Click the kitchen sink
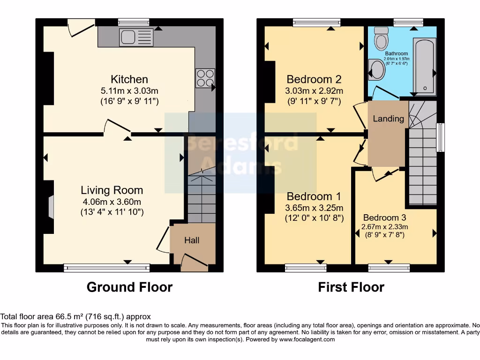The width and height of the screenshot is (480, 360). [x=136, y=37]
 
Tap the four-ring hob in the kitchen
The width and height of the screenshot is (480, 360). [x=205, y=78]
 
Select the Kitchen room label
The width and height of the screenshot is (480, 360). [x=129, y=79]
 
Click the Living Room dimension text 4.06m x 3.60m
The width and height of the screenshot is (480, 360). [x=112, y=202]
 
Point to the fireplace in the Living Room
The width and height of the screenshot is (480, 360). [x=50, y=206]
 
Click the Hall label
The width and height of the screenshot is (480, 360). [x=192, y=240]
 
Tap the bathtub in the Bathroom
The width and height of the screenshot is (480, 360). [x=425, y=67]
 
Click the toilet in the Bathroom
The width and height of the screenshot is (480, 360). [x=382, y=36]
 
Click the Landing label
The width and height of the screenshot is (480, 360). [x=388, y=119]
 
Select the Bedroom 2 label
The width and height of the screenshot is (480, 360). [x=314, y=79]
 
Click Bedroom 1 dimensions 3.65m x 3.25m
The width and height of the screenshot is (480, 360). [x=315, y=208]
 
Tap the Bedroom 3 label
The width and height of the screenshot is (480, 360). [x=384, y=217]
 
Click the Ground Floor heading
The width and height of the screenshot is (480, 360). [x=129, y=287]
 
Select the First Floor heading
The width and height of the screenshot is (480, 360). [x=351, y=287]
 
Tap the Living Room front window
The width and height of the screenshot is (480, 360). [x=107, y=268]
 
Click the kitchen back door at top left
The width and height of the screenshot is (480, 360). [x=81, y=27]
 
